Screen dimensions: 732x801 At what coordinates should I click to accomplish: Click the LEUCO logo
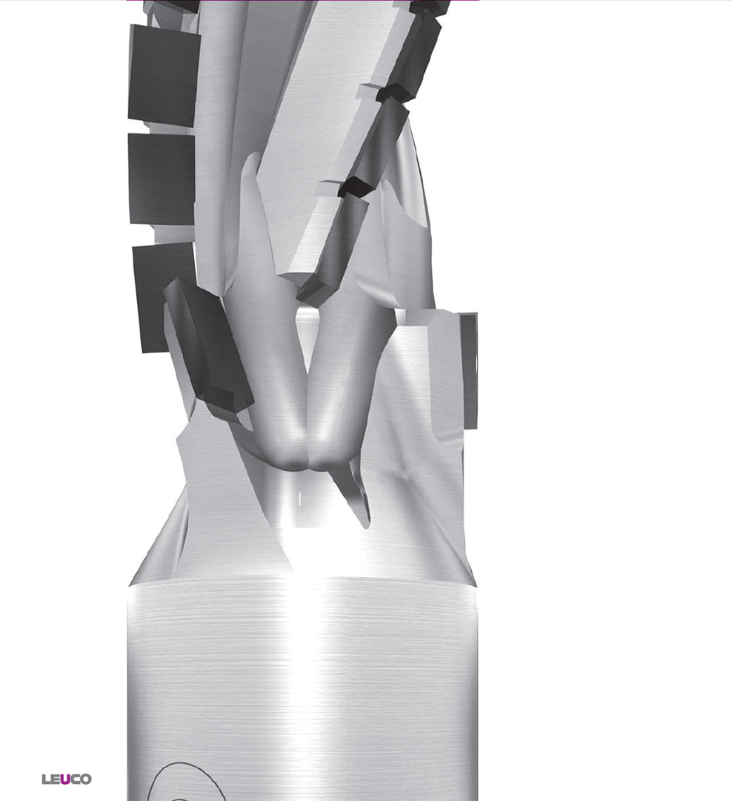tap(67, 779)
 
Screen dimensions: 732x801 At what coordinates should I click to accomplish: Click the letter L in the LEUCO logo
tap(46, 779)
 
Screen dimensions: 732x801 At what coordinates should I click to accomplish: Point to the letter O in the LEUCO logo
tap(86, 779)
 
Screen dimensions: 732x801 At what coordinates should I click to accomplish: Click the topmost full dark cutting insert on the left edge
tap(163, 75)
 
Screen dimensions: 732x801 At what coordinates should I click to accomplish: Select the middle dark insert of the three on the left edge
tap(162, 179)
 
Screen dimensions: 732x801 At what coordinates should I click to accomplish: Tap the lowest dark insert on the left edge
tap(162, 297)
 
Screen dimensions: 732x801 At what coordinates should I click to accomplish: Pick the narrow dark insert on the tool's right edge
tap(469, 371)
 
